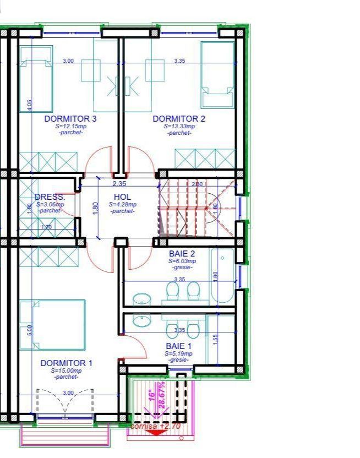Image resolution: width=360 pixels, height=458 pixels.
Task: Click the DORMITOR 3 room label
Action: point(70,119)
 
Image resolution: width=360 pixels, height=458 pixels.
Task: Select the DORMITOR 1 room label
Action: point(66,363)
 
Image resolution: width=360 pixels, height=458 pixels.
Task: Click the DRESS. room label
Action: point(50,197)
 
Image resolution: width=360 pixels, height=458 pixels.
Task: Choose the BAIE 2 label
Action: point(182,254)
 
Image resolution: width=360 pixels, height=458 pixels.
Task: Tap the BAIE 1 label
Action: point(179,346)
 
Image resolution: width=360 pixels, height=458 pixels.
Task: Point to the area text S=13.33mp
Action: point(179,126)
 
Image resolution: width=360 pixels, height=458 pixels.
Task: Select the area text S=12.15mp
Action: point(70,126)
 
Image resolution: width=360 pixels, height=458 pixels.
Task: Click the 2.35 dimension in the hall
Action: point(119,184)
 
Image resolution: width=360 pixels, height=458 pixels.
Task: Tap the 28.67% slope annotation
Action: point(161,395)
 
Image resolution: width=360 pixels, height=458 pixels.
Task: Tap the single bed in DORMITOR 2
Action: point(216,74)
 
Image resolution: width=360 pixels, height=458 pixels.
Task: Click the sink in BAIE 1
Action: point(141,320)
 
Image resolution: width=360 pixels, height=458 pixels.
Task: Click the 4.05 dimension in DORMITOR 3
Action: point(30,104)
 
